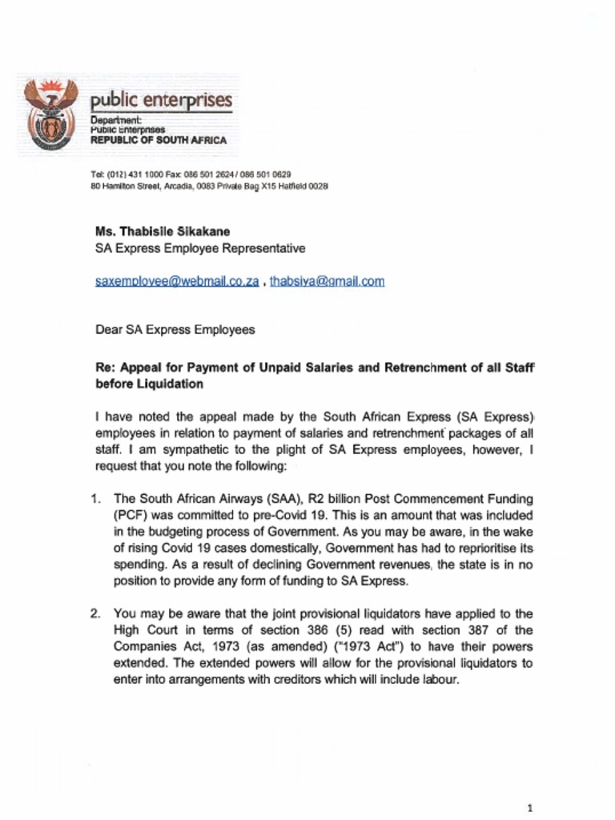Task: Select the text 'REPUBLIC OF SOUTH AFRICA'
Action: (x=158, y=140)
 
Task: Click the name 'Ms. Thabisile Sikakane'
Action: (x=162, y=231)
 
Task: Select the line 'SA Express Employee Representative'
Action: (x=199, y=248)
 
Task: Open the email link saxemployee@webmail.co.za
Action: (x=176, y=281)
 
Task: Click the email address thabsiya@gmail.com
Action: (x=327, y=281)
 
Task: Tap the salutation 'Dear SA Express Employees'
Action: (x=175, y=329)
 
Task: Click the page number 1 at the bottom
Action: (x=530, y=807)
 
